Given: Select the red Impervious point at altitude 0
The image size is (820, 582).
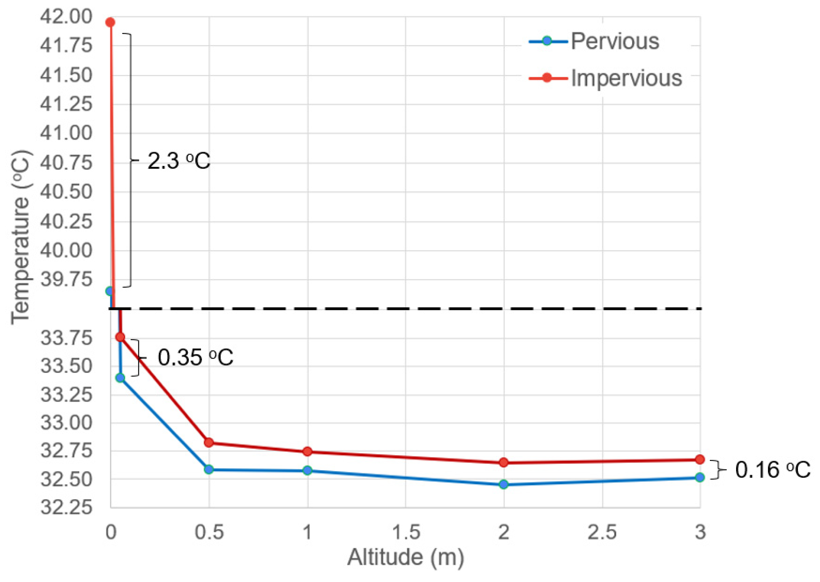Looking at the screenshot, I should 110,22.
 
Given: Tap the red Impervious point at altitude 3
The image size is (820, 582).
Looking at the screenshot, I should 700,460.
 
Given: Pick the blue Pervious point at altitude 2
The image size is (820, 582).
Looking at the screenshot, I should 504,485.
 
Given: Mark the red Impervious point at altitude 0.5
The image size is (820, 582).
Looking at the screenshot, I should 209,442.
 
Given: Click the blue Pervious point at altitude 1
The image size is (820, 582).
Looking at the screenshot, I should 307,471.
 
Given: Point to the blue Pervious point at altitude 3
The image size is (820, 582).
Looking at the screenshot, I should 700,477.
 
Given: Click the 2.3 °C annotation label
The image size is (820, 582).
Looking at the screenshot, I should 178,161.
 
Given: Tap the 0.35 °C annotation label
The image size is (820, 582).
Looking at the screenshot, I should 195,357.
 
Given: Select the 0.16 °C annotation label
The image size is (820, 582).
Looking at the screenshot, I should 772,470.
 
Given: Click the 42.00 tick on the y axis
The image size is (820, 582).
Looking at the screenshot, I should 66,17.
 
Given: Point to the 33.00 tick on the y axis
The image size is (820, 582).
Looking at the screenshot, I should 66,423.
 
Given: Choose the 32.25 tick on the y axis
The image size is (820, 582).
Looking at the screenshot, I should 66,508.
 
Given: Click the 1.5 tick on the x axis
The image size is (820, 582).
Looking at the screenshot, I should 406,532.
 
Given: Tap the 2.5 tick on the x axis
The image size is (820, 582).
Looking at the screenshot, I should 602,532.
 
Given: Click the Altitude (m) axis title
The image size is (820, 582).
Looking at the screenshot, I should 405,558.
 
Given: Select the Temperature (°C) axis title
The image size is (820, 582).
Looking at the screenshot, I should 20,237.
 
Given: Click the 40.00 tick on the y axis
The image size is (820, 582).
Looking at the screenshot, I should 66,250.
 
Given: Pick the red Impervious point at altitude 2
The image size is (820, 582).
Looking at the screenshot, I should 504,462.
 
